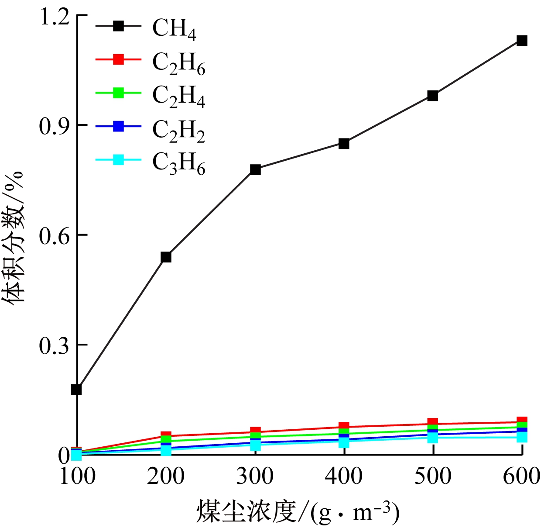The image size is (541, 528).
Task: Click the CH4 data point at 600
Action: coord(522,41)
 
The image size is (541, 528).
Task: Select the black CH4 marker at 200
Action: coord(166,257)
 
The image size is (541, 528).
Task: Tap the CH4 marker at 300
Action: coord(255,169)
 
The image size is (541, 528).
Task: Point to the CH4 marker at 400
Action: coord(344,143)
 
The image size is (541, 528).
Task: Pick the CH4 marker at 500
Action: coord(433,96)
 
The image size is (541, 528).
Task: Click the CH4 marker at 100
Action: coord(77,390)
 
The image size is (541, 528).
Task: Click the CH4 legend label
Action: coord(174,28)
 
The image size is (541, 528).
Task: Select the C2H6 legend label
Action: coord(178,62)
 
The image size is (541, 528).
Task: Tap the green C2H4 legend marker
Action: coord(118,93)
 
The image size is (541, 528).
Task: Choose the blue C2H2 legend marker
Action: coord(118,127)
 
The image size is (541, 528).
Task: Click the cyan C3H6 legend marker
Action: coord(118,160)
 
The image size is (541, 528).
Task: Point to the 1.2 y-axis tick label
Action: coord(55,17)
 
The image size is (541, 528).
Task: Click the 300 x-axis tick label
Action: coord(255,476)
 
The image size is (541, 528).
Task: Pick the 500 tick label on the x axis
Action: coord(433,476)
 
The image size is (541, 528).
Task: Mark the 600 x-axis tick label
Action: coord(521,476)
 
